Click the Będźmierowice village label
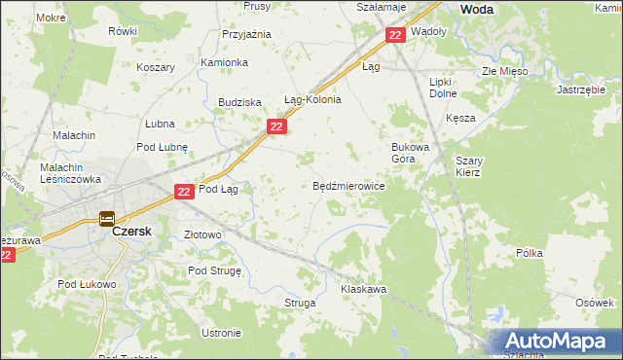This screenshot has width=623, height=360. click(348, 186)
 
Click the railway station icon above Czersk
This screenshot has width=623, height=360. click(107, 219)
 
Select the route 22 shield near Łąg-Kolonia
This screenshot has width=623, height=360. click(277, 127)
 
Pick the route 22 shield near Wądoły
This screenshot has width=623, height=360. click(394, 35)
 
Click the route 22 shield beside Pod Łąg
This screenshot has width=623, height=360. click(185, 193)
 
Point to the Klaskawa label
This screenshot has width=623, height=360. click(364, 290)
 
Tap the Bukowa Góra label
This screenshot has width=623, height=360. click(410, 151)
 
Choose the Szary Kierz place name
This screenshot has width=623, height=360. click(468, 165)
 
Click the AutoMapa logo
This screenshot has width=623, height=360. click(553, 342)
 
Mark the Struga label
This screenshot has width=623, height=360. click(300, 304)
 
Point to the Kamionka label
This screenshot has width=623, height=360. click(224, 62)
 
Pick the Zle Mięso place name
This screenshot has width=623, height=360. click(503, 72)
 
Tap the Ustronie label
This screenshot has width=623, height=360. click(221, 333)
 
